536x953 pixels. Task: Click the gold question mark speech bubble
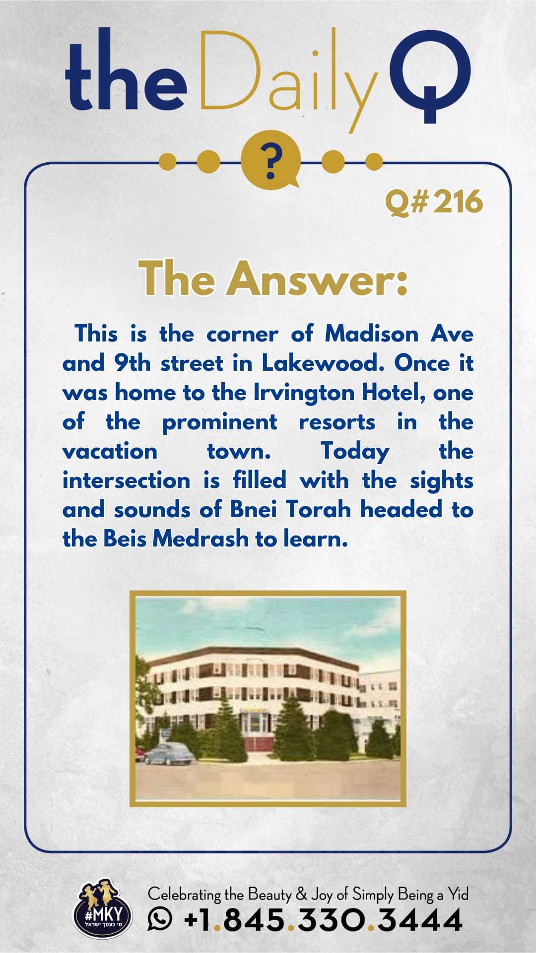pos(270,160)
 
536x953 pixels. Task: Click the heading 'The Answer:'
pos(273,278)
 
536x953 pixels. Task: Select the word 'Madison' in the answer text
pos(372,334)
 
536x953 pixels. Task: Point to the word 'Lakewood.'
pos(323,363)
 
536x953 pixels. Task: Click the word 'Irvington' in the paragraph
pos(304,393)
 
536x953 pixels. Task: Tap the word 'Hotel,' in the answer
pos(393,393)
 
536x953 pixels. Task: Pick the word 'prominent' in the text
pos(219,422)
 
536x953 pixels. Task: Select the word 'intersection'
pos(126,480)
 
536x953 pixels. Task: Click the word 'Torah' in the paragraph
pos(318,509)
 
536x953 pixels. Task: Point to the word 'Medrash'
pos(201,539)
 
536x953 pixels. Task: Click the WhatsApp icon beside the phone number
pos(160,918)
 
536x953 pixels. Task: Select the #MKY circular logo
pos(103,909)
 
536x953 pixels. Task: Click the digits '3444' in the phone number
pos(420,920)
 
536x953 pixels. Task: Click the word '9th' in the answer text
pos(133,363)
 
